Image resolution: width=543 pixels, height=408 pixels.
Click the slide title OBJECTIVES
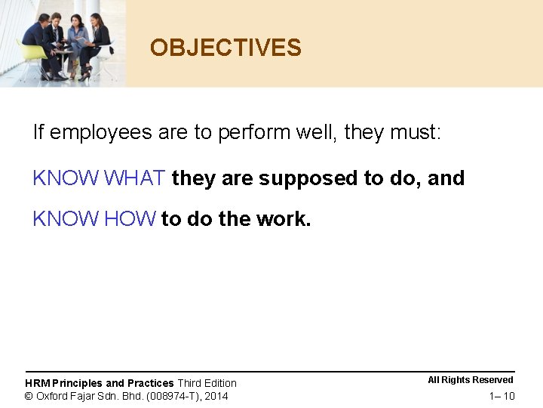pos(225,48)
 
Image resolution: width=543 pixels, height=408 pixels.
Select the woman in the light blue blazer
pos(78,38)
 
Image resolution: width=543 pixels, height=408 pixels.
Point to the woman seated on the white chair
pos(100,42)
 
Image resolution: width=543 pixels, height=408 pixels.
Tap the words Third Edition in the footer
pos(207,383)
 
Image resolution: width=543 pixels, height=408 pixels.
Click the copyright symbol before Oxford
pos(29,396)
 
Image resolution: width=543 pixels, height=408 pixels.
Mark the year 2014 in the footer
pos(216,396)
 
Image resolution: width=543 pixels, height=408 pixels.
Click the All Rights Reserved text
pos(471,380)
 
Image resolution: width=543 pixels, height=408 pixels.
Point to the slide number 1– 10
pos(502,397)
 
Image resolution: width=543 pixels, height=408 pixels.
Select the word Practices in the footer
pos(150,383)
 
